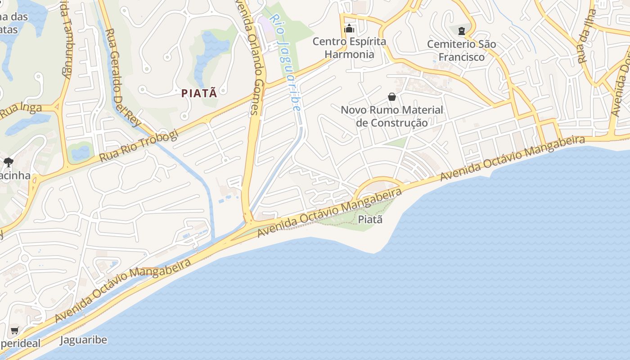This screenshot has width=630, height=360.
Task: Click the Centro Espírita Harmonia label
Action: pos(349,48)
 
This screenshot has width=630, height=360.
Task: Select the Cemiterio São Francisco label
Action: pos(461,50)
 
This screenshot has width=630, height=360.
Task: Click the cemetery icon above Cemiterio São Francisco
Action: pos(461,31)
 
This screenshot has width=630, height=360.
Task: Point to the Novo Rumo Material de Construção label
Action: pos(391,116)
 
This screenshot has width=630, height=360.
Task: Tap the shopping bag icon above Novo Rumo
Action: pos(392,97)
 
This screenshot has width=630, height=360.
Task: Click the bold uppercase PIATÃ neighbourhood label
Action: pos(199,93)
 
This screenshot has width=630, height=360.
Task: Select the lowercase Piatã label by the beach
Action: pos(370,219)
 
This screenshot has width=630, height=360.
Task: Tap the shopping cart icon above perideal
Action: pos(15,331)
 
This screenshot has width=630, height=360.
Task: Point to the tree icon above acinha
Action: pos(8,162)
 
